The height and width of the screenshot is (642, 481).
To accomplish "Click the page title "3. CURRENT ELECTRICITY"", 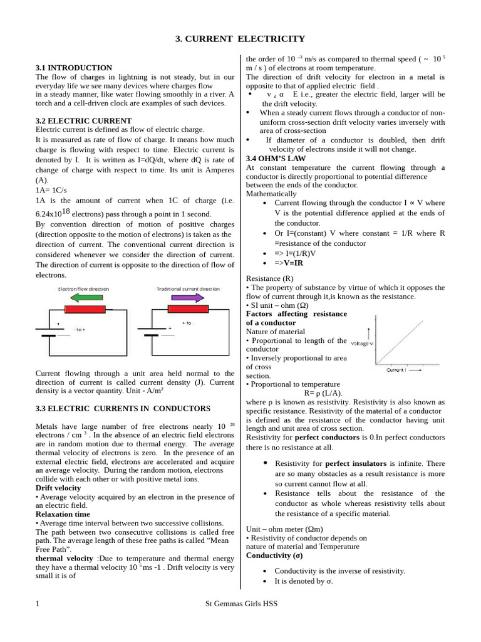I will point(240,39).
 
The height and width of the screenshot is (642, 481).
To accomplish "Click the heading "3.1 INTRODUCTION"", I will point(74,68).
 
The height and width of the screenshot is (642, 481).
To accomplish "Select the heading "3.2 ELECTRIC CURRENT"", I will point(83,120).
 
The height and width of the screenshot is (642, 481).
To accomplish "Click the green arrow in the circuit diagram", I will point(83,297).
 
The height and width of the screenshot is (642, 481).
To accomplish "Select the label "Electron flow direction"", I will point(83,288).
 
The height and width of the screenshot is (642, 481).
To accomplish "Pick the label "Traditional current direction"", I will point(188,288).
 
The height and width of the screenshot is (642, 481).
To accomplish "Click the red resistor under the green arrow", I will point(85,309).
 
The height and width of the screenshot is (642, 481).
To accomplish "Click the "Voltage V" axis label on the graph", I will point(362,344).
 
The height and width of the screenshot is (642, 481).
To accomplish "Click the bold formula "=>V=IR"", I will point(289,263).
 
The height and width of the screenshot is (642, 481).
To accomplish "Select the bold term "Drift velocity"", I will point(58,488).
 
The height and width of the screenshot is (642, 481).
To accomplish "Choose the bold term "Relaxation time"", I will point(63,514).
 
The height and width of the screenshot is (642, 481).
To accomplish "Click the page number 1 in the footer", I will point(38,604).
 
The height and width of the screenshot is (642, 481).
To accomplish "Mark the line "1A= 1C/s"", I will point(54,189).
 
